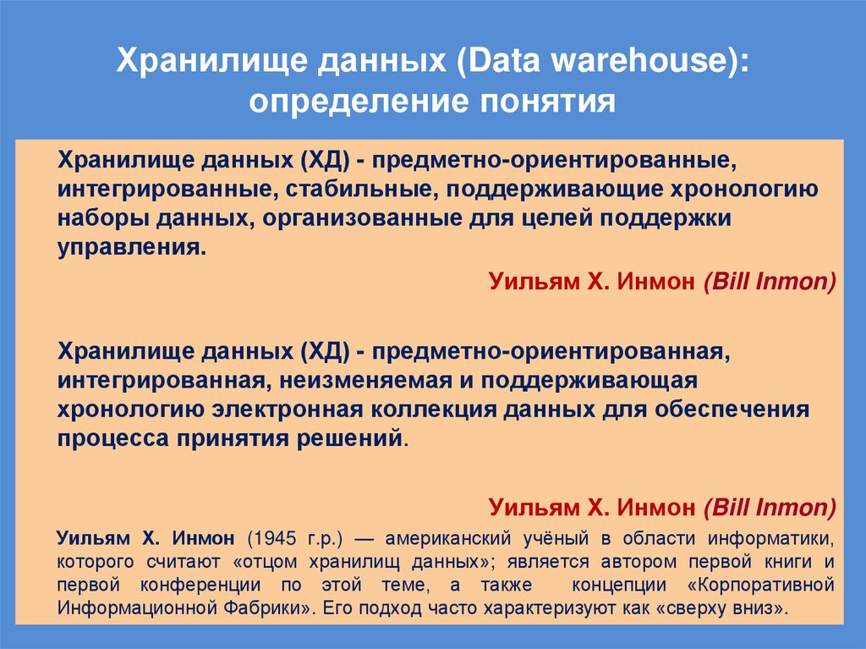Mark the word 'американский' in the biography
coord(445,539)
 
